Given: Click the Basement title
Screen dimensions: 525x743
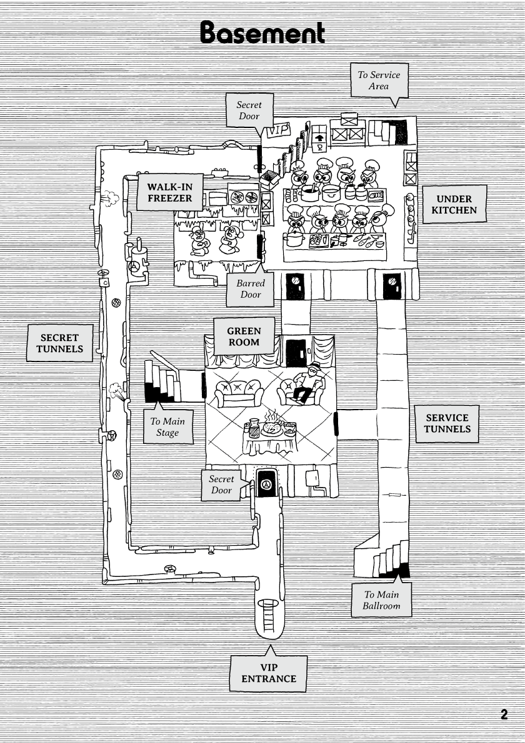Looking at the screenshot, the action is click(x=262, y=32).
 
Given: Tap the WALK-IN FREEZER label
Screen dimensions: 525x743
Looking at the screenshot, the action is click(x=170, y=192).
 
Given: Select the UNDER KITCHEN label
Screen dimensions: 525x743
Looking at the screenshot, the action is click(x=454, y=204).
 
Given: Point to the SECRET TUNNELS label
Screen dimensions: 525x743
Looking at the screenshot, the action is click(x=60, y=343).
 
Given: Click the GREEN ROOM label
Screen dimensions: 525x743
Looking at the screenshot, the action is click(x=244, y=337).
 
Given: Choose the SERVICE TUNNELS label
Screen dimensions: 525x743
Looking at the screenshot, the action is click(x=447, y=423).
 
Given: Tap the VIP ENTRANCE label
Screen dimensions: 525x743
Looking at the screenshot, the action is click(x=268, y=673).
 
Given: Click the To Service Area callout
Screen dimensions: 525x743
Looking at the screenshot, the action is click(x=379, y=81).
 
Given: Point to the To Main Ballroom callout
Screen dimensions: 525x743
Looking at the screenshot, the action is click(x=382, y=599).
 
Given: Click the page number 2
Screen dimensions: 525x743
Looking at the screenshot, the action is click(x=504, y=714).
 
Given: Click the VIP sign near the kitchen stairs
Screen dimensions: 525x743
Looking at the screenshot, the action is click(x=280, y=130).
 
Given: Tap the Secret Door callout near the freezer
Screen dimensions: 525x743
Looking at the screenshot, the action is click(x=249, y=111).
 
